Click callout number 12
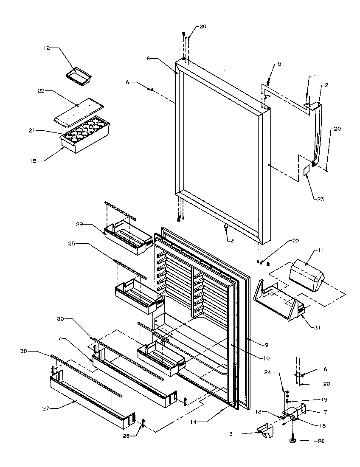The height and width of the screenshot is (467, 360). coord(47,48)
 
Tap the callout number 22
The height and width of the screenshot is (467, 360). coord(41,90)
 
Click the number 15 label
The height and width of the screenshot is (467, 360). coord(34,161)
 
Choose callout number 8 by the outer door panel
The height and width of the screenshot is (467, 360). coord(149,58)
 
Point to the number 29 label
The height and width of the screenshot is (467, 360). coord(79,224)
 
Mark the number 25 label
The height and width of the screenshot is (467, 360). coord(72,244)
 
